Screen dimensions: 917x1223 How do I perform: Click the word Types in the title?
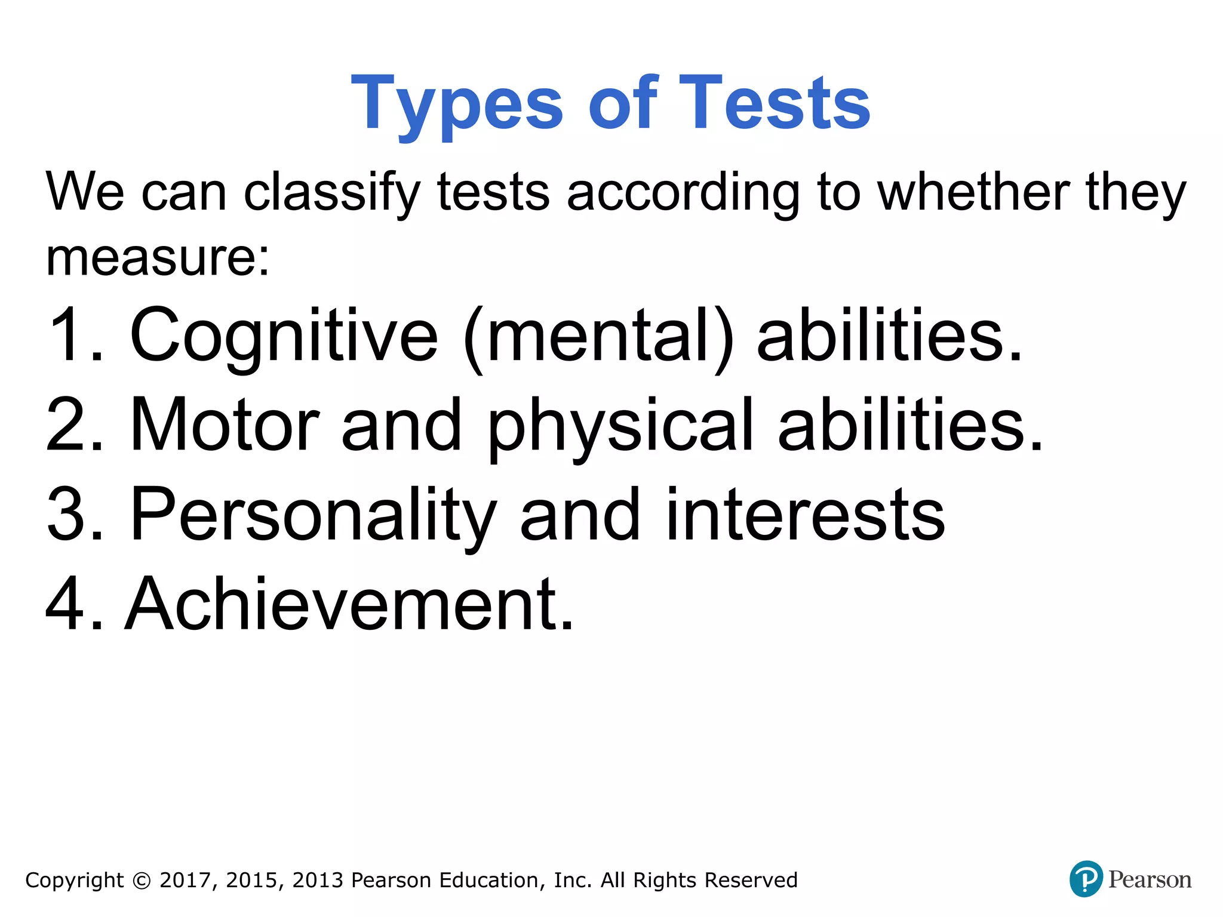[x=457, y=104]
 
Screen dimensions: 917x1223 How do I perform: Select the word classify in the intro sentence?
[x=332, y=193]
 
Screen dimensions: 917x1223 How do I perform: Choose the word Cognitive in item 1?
[x=284, y=336]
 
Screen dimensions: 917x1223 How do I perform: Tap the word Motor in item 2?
[x=225, y=425]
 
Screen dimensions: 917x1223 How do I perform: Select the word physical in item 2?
[x=621, y=426]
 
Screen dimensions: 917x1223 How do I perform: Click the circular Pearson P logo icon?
[x=1086, y=879]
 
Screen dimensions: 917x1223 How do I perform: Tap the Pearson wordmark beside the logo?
[x=1150, y=879]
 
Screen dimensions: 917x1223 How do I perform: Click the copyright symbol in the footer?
[x=142, y=881]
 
